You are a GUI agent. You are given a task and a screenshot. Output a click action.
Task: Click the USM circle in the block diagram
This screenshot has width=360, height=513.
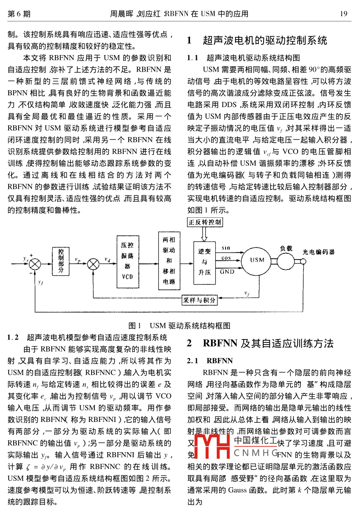coord(257,260)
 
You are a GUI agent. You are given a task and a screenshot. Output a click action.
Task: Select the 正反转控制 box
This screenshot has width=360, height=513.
coord(205,222)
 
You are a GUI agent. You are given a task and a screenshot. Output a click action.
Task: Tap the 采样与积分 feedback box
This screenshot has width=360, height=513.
coord(199,300)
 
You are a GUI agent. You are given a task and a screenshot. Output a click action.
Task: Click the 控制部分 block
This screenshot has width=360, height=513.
coord(61,260)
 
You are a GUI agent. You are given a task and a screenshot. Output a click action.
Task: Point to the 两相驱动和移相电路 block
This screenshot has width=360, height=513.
coord(169,261)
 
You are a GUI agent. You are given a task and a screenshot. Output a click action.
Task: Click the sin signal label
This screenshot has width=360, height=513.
coord(226,248)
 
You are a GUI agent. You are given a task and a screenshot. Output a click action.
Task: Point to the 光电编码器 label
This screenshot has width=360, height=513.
coord(318,252)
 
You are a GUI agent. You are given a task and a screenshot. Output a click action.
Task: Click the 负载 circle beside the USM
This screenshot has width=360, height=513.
coord(286,260)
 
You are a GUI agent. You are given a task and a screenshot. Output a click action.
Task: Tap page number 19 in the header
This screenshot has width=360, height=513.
coord(343,14)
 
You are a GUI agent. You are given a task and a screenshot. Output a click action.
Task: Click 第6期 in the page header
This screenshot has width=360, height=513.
coord(19,14)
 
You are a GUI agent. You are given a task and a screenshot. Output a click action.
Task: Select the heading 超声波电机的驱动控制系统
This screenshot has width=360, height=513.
coord(265,40)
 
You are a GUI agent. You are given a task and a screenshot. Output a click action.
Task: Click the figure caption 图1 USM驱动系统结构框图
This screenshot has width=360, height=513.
coord(180,326)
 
